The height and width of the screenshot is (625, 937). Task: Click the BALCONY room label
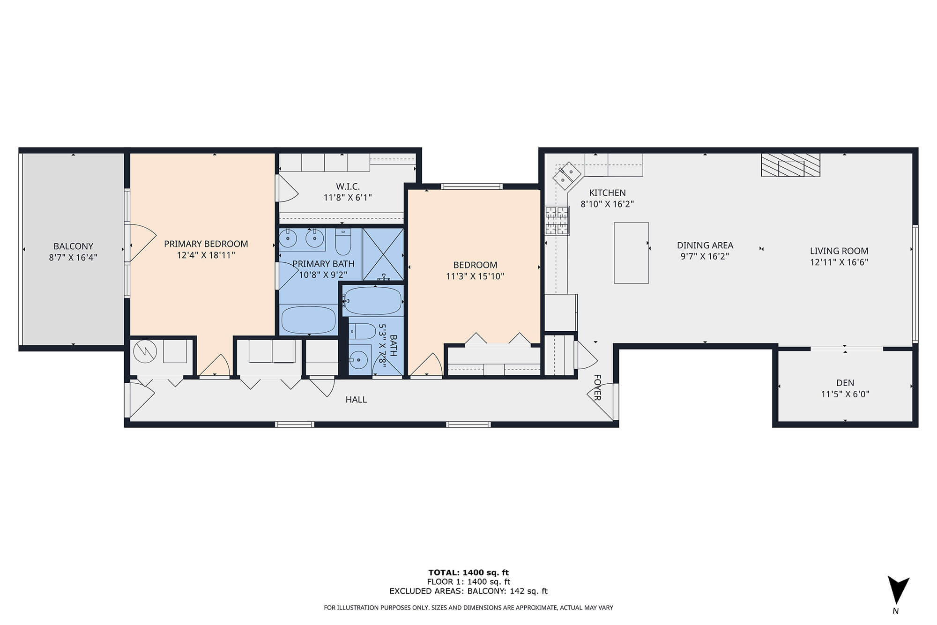[x=73, y=246]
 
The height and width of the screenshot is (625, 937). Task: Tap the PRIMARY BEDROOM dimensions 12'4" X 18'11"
[x=206, y=255]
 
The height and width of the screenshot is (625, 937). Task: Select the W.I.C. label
[x=348, y=186]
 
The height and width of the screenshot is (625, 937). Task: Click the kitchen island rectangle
[x=632, y=253]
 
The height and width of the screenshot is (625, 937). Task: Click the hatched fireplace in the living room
[x=790, y=165]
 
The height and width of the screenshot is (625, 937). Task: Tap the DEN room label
[x=845, y=383]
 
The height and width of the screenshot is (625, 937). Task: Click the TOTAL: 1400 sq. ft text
[x=468, y=573]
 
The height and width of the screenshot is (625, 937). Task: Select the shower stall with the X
[x=383, y=254]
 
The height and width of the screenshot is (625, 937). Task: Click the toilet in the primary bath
[x=343, y=241]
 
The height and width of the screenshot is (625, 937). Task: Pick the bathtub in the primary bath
[x=308, y=320]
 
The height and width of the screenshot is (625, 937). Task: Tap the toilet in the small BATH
[x=363, y=331]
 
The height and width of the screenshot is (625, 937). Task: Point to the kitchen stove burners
[x=557, y=220]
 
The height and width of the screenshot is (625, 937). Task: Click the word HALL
[x=356, y=400]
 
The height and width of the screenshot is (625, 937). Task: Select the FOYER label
[x=597, y=387]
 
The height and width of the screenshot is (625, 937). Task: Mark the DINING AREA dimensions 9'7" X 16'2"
[x=705, y=257]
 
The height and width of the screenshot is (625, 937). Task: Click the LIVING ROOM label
[x=839, y=251]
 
